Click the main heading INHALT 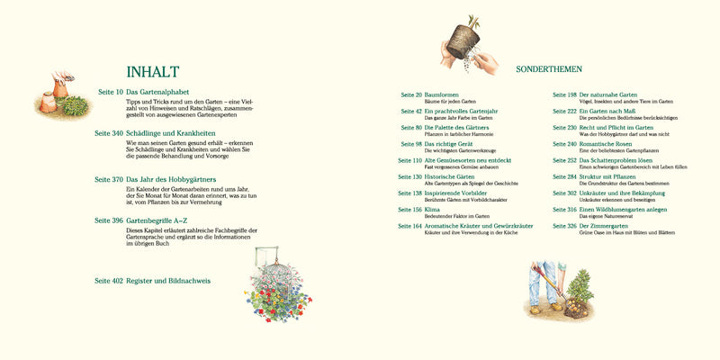pos(153,72)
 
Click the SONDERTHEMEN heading pos(549,68)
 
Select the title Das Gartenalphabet pos(158,92)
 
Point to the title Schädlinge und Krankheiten pos(177,133)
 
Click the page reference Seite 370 pos(109,179)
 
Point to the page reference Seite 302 pos(564,193)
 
